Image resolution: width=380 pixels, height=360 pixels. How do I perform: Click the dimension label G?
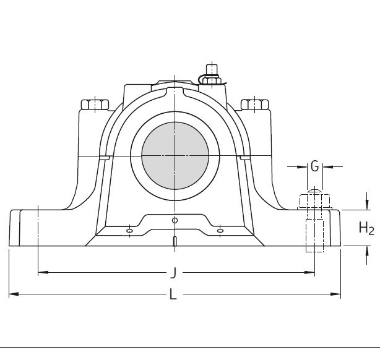pyautogui.click(x=314, y=166)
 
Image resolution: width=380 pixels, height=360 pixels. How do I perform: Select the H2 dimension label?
pyautogui.click(x=366, y=228)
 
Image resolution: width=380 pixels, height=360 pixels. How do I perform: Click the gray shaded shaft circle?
pyautogui.click(x=175, y=155)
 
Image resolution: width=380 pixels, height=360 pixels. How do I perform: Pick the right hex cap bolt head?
pyautogui.click(x=254, y=105)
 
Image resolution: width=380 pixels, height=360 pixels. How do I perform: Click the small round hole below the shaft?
pyautogui.click(x=175, y=220)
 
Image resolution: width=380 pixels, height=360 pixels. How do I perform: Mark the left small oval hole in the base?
pyautogui.click(x=129, y=231)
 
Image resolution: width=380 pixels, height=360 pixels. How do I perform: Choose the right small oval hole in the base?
pyautogui.click(x=220, y=231)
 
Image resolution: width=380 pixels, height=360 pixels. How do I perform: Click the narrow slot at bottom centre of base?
pyautogui.click(x=175, y=241)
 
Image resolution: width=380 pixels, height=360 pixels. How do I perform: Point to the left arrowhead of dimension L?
pyautogui.click(x=12, y=294)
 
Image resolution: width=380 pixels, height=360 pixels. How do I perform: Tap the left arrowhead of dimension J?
pyautogui.click(x=41, y=272)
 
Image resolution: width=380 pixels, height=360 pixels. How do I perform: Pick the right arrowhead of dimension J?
pyautogui.click(x=311, y=272)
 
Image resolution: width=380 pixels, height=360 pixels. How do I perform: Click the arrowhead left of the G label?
pyautogui.click(x=303, y=166)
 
